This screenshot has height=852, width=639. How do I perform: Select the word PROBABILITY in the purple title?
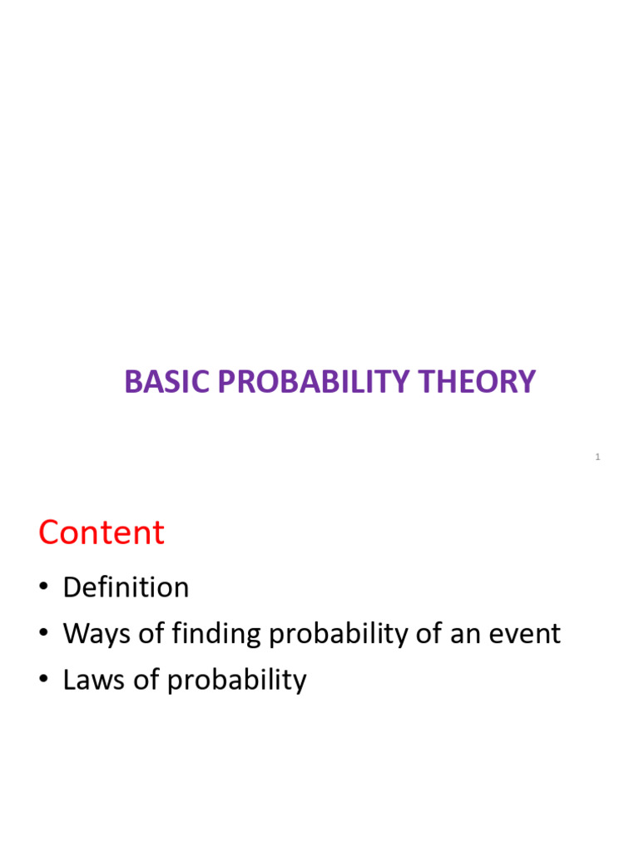pyautogui.click(x=307, y=382)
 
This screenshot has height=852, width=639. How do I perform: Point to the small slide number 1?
pyautogui.click(x=597, y=457)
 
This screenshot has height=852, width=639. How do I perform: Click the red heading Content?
pyautogui.click(x=102, y=532)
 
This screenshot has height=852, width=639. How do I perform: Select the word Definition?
pyautogui.click(x=126, y=587)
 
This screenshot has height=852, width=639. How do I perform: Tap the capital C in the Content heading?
pyautogui.click(x=49, y=532)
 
